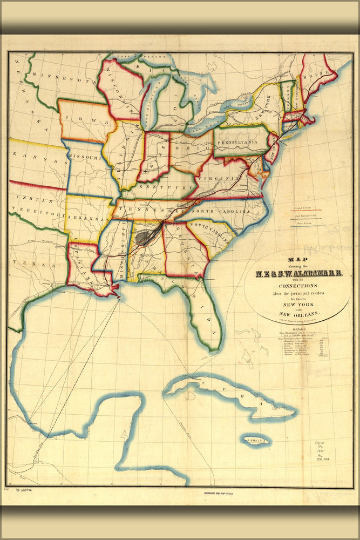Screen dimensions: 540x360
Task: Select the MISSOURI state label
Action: click(x=85, y=158)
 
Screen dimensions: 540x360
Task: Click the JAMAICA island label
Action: click(x=255, y=441)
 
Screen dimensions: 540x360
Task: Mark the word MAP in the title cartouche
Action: click(x=297, y=258)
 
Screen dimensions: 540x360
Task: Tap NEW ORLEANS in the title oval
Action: click(x=298, y=314)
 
